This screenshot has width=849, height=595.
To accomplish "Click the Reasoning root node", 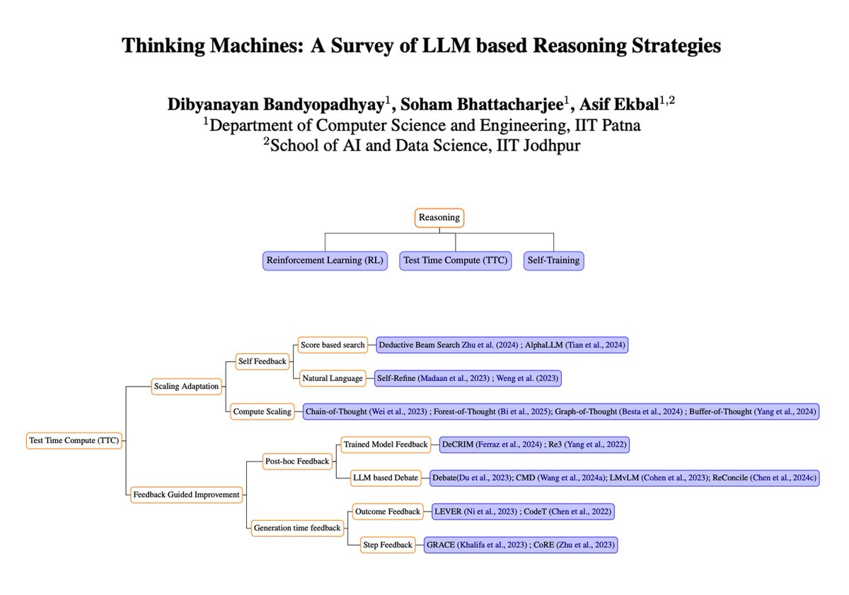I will point(439,218).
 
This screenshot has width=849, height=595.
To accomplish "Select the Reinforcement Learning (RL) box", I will point(325,260).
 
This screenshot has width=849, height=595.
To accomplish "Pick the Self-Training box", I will point(553,260).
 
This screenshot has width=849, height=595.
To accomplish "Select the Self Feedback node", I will point(262,362).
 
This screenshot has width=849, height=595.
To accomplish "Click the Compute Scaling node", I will point(262,411).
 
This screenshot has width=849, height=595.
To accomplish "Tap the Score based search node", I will point(333,345).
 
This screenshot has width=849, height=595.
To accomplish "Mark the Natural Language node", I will point(331,378).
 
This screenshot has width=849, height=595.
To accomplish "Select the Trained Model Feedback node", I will point(386,444).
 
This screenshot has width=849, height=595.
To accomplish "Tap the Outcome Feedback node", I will point(387,510).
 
